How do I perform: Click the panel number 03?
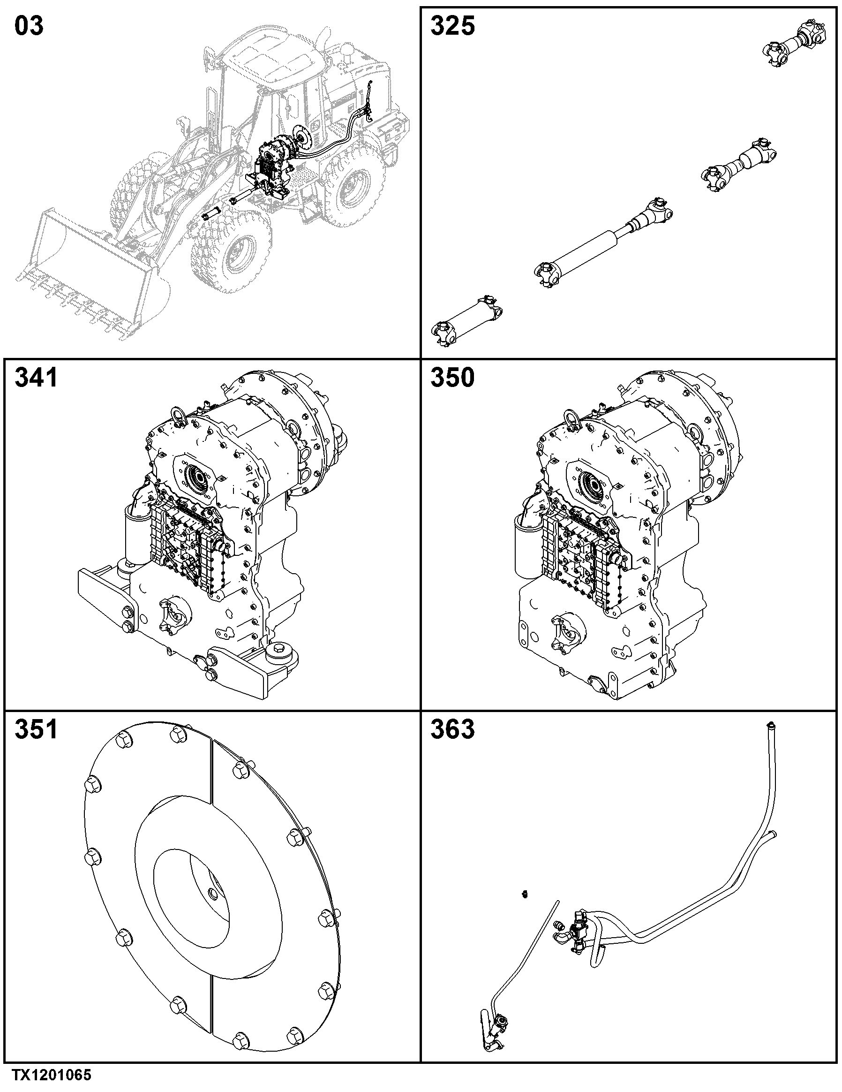click(29, 26)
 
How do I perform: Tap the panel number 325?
click(452, 26)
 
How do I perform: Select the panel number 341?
click(36, 378)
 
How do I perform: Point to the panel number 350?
click(452, 378)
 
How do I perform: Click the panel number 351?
click(36, 729)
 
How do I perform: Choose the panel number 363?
click(452, 729)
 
